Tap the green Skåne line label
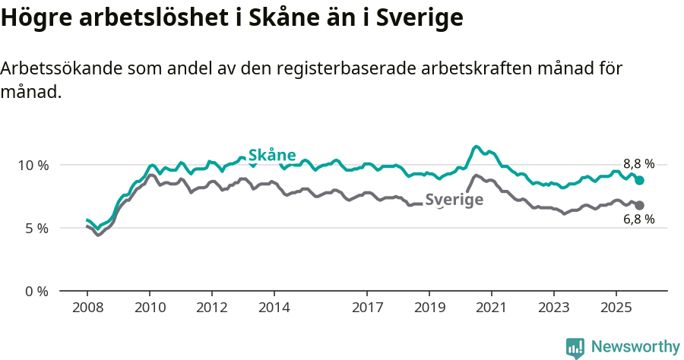(272, 155)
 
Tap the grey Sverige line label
(454, 200)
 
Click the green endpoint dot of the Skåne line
(640, 181)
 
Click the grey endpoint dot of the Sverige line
(640, 205)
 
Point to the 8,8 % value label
(638, 164)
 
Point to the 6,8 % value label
(638, 220)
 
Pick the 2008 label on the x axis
(87, 309)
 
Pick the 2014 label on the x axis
(274, 309)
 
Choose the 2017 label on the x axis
(367, 309)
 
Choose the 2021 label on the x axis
(491, 309)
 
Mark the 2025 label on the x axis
(616, 309)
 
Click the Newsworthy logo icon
(575, 348)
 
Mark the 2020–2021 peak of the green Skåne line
(477, 147)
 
